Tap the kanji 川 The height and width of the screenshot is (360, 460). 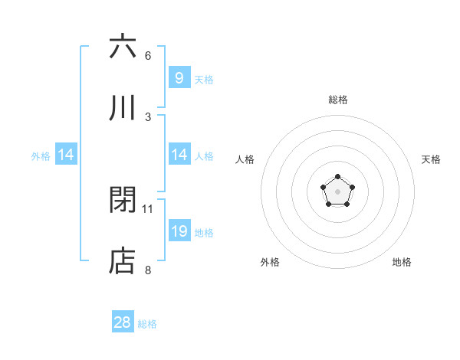(123, 107)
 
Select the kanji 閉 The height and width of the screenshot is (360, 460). (123, 200)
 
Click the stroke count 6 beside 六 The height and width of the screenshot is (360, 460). (148, 55)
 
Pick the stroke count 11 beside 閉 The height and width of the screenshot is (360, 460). (148, 208)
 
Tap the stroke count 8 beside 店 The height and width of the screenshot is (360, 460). (148, 270)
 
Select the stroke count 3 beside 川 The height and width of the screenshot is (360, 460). (148, 116)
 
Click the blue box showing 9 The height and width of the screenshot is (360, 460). (179, 78)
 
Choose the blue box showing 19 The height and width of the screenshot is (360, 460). (179, 231)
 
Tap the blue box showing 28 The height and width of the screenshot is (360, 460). (123, 322)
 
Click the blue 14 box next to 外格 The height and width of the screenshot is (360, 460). (66, 155)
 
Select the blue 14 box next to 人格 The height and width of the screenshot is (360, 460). (179, 155)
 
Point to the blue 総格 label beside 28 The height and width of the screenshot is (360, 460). (148, 324)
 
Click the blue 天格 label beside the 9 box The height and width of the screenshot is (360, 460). (203, 79)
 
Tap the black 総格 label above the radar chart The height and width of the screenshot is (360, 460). (337, 100)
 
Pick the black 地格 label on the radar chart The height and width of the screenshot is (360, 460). (402, 262)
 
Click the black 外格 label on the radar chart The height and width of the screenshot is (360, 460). (270, 262)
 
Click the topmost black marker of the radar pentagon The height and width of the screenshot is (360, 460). (337, 178)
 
